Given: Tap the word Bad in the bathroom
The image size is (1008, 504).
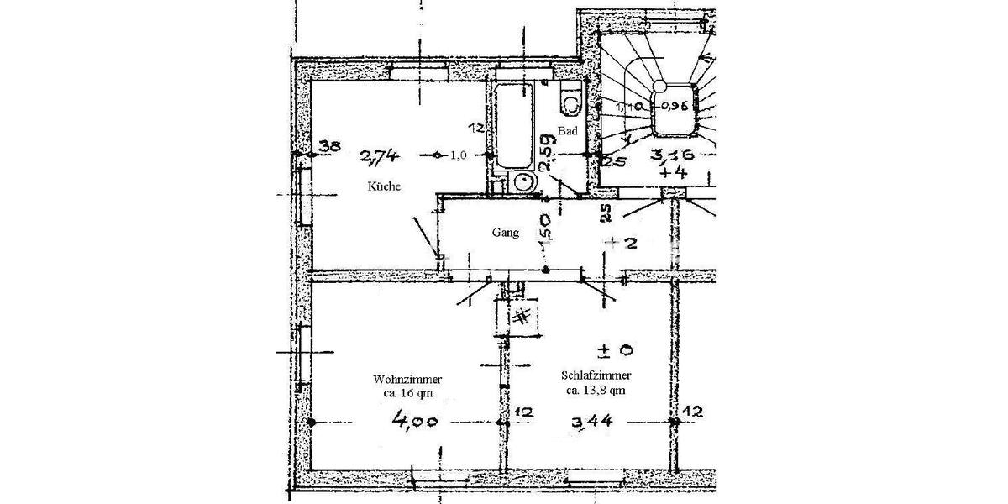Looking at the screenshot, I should coord(569,132).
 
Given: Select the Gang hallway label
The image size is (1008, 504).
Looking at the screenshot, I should coord(504,233).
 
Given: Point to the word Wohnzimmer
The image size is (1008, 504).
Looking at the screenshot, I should coord(409,380).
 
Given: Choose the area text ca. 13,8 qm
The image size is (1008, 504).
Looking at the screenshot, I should coord(595,390).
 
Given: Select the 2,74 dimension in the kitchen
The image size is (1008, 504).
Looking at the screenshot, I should coord(379,155).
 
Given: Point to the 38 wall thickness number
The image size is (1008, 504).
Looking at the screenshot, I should coord(329,147).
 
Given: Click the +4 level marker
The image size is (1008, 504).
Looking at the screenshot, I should coord(674,172).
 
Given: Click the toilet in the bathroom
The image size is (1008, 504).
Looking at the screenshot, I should coord(570,100).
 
